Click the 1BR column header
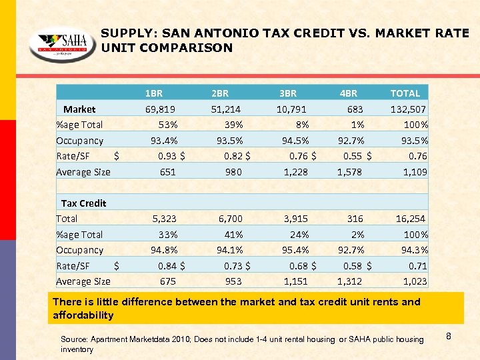click(x=154, y=93)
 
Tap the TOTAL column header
click(x=405, y=93)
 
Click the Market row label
click(x=79, y=109)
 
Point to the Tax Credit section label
click(x=83, y=203)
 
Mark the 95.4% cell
click(x=295, y=250)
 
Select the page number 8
click(x=449, y=337)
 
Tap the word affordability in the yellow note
click(x=83, y=315)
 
